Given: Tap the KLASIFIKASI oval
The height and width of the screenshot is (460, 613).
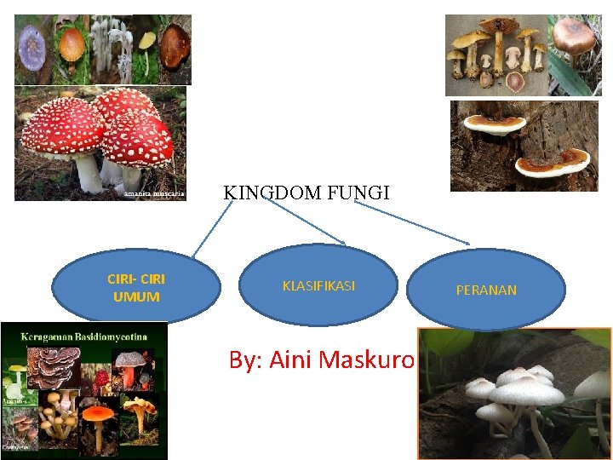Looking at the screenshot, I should coord(318,286).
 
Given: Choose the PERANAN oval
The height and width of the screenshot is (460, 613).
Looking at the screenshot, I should coord(486,290).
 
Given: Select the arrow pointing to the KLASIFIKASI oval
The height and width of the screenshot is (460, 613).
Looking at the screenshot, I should coord(306,224).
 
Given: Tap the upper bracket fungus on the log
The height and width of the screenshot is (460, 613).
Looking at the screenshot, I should coord(495,124).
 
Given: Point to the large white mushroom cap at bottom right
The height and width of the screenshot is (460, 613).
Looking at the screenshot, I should coord(528,393).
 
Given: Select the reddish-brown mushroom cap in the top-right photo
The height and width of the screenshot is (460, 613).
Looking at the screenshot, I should coord(576,34).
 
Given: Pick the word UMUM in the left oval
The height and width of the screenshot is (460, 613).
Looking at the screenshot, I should coord(136,296).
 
